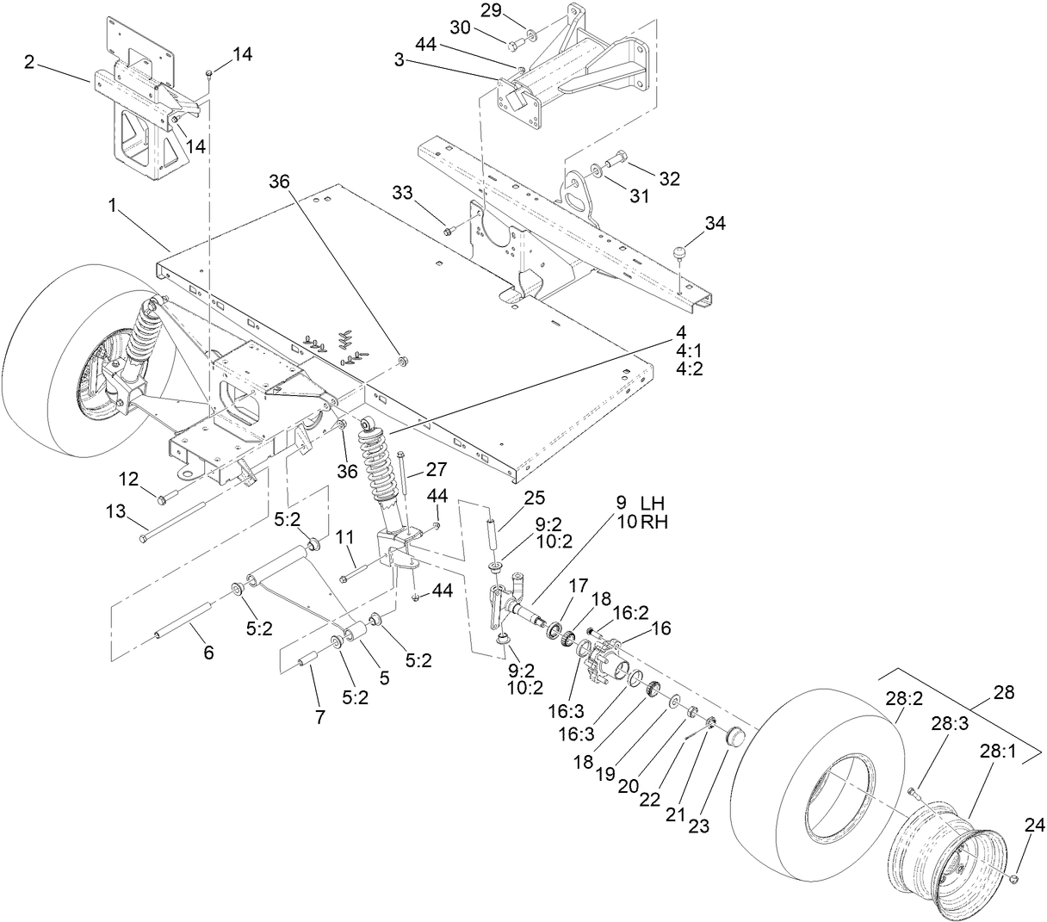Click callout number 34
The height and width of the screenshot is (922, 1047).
point(715,224)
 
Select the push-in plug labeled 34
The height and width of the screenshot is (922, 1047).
point(679,251)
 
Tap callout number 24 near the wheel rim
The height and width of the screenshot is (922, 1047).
point(1034,826)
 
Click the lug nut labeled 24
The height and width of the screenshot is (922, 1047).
point(1016,878)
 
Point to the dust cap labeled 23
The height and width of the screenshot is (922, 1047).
point(734,738)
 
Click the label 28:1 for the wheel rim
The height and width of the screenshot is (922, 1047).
point(997,751)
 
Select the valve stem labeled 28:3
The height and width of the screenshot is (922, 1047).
point(913,792)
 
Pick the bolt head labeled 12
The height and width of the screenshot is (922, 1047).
point(162,497)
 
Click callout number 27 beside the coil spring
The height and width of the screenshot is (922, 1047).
point(437,470)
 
